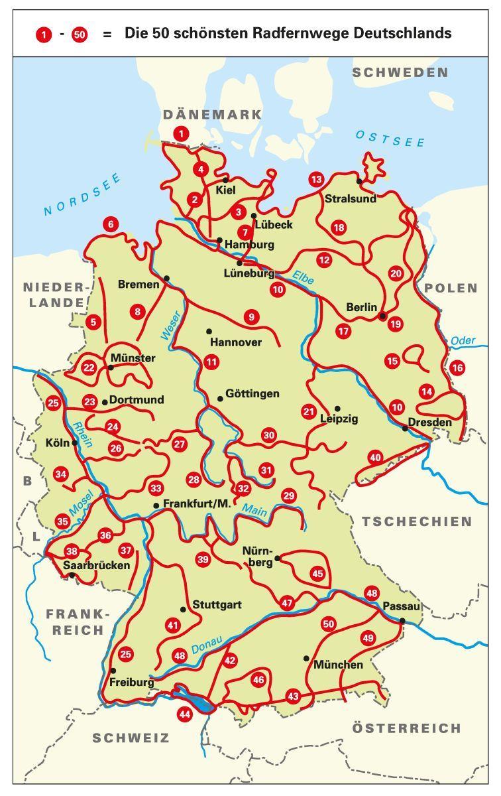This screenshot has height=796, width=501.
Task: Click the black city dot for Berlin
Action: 382,316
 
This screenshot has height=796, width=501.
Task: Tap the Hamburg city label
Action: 249,245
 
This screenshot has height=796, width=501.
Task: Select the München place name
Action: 338,665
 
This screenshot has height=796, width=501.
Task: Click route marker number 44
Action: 184,714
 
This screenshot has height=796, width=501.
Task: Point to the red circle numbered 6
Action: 110,224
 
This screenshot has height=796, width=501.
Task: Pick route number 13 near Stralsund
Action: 316,179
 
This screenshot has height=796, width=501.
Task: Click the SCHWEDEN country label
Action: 400,72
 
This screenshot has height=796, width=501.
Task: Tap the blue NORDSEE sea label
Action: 82,194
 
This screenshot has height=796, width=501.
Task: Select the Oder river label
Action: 463,341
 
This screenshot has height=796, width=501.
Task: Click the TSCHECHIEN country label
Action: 417,521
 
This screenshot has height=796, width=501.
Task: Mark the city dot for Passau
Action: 402,620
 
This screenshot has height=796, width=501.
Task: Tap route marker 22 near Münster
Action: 89,367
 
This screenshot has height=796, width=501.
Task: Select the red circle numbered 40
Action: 376,457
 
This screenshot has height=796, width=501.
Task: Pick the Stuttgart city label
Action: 217,605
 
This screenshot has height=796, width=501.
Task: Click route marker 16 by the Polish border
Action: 457,367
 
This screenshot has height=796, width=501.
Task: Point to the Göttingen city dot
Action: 220,399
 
